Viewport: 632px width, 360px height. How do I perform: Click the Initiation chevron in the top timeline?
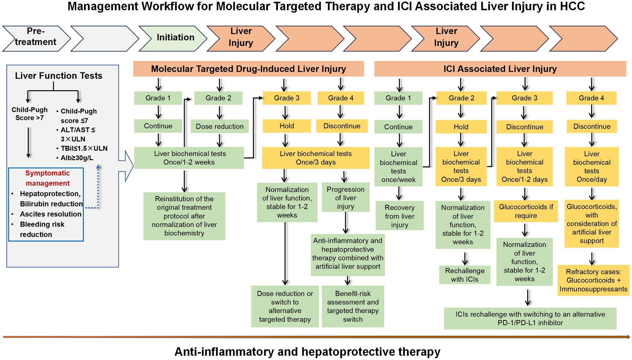pos(175,38)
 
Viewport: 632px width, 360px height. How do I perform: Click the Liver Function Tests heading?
pos(59,76)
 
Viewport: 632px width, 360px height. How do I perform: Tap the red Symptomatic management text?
pos(47,178)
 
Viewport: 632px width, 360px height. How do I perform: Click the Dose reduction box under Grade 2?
pos(220,127)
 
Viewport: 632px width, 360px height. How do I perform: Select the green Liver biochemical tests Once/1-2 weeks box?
pos(189,158)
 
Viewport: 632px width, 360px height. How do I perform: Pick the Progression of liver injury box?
pos(345,198)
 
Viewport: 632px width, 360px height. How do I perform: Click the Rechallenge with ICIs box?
pos(465,275)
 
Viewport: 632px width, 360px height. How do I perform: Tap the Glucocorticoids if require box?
pos(526,211)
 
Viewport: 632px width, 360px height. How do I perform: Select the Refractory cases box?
pos(593,280)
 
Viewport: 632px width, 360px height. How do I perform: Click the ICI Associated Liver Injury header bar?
pos(500,69)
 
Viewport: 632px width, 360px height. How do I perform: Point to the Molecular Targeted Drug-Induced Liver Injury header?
pos(248,69)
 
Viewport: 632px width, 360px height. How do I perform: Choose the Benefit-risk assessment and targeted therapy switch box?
pos(353,306)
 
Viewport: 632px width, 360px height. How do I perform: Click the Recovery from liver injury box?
pos(399,216)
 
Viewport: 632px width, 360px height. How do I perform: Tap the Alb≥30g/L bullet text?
pos(77,158)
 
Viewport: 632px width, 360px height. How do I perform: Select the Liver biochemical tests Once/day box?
pos(591,167)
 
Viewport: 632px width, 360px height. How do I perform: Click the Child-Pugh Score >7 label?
pos(29,114)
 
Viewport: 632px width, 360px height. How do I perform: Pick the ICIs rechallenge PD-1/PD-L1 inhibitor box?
pos(530,318)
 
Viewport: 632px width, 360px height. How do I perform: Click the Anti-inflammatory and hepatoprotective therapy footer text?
pos(307,352)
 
